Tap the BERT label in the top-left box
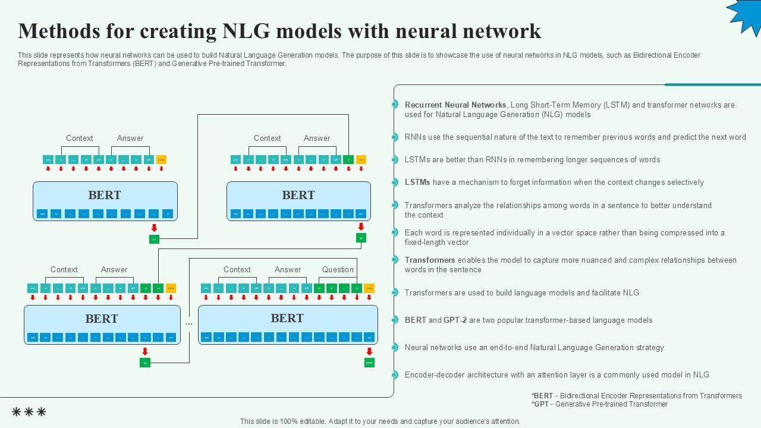coord(105,195)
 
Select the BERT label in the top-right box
coord(298,195)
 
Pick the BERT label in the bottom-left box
coord(102,319)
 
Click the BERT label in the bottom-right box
coord(287,318)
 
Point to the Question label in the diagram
coord(338,269)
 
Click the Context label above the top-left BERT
coord(79,138)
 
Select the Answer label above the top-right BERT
coord(317,138)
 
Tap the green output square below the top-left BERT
coord(154,239)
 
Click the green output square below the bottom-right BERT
coord(369,363)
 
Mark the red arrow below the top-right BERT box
coord(361,227)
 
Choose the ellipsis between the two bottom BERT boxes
coord(189,324)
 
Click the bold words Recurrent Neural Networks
coord(455,105)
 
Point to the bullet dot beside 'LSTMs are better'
coord(394,159)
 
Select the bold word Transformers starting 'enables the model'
coord(430,260)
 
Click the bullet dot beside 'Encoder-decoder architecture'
coord(394,374)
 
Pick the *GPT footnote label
coord(540,404)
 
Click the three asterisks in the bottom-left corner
coord(29,412)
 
